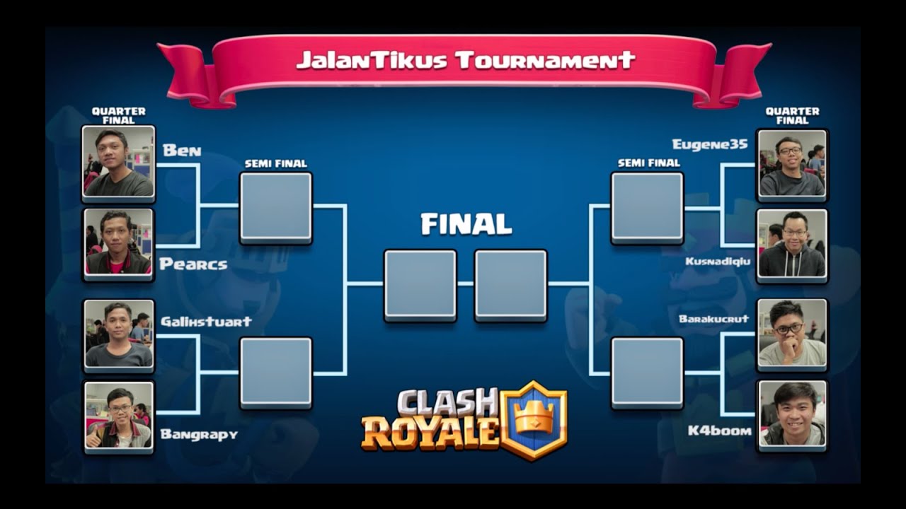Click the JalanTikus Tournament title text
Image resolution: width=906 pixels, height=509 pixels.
click(x=465, y=60)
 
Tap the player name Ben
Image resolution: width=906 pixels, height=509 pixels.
click(x=182, y=151)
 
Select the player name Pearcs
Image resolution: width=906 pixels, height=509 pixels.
click(x=193, y=264)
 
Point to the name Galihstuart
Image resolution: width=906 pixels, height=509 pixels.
click(x=206, y=321)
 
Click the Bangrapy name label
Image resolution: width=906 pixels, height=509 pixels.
click(x=199, y=434)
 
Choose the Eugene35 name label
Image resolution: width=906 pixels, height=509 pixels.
click(x=709, y=145)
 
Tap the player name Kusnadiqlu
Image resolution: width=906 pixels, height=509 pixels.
click(x=716, y=262)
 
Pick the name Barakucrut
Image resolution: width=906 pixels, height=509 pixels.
click(x=713, y=319)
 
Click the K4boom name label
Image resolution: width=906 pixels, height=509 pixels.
click(x=720, y=430)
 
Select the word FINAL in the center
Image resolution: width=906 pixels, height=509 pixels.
click(x=466, y=224)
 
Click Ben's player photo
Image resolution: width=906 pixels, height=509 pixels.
click(x=118, y=163)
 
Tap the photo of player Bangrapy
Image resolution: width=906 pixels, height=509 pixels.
click(x=118, y=416)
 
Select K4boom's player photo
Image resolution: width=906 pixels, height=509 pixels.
click(x=792, y=414)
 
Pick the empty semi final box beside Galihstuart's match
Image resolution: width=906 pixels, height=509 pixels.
click(x=276, y=373)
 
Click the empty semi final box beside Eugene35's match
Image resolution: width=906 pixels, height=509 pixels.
click(x=647, y=207)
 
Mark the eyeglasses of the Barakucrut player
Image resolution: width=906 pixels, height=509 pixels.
click(x=789, y=329)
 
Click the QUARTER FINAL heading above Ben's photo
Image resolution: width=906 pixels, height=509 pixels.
click(x=118, y=115)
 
